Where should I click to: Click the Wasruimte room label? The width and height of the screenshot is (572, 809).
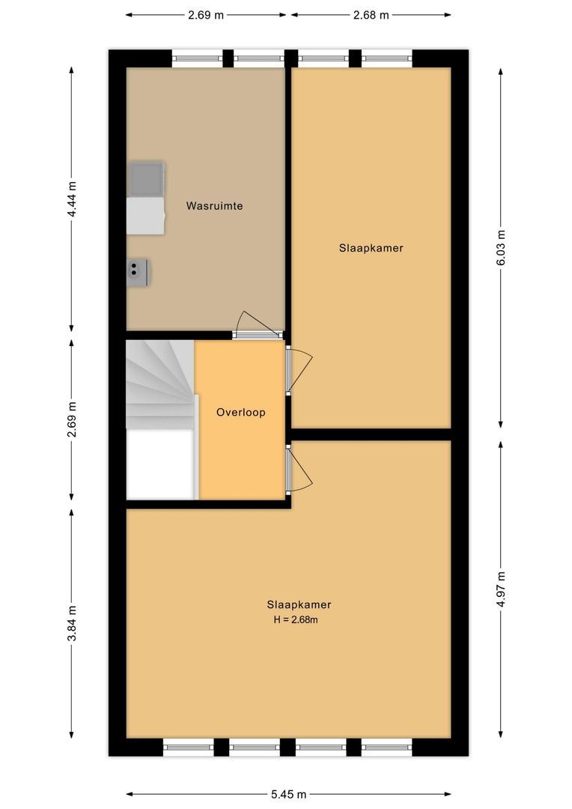tap(214, 205)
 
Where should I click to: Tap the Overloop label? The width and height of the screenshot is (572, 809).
tap(240, 412)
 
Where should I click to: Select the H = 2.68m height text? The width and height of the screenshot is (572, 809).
tap(299, 619)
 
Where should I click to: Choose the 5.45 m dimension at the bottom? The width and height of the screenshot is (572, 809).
tap(288, 794)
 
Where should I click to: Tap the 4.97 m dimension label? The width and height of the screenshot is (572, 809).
tap(500, 589)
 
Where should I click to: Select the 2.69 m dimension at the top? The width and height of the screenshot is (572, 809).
tap(206, 14)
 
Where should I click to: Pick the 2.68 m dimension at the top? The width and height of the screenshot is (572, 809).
tap(371, 14)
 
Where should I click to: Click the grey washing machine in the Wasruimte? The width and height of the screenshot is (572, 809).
tap(146, 178)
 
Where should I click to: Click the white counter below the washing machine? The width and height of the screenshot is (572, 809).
tap(145, 216)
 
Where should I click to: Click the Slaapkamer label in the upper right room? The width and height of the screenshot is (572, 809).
tap(371, 248)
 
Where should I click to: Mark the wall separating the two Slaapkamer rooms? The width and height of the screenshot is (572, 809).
tap(371, 434)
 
